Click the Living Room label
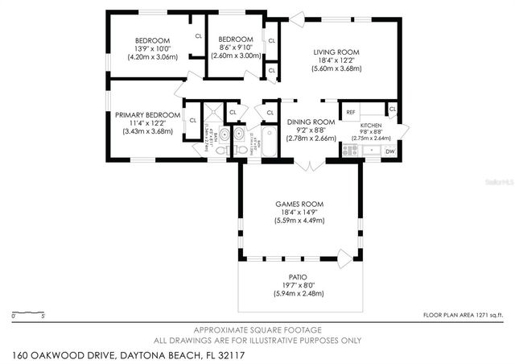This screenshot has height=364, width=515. pyautogui.click(x=336, y=52)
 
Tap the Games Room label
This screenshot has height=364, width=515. pyautogui.click(x=300, y=204)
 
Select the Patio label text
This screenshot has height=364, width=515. pyautogui.click(x=299, y=276)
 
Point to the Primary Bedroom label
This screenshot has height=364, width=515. pyautogui.click(x=147, y=115)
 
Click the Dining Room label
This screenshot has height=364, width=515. pyautogui.click(x=311, y=122)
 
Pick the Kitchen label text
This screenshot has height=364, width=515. pyautogui.click(x=370, y=126)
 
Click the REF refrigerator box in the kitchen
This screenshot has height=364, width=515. pyautogui.click(x=351, y=112)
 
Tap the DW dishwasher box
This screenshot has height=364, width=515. pyautogui.click(x=389, y=151)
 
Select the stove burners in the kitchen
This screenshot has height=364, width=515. pyautogui.click(x=350, y=150)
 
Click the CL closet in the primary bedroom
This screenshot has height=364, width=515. pyautogui.click(x=193, y=121)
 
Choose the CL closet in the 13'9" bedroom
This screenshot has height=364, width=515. pyautogui.click(x=197, y=35)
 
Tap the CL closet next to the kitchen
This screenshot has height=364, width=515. pyautogui.click(x=392, y=110)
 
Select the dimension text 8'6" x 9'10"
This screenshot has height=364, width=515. pyautogui.click(x=237, y=48)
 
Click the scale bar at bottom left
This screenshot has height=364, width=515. pyautogui.click(x=29, y=311)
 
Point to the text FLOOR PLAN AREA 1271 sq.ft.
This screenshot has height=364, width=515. pyautogui.click(x=463, y=315)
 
